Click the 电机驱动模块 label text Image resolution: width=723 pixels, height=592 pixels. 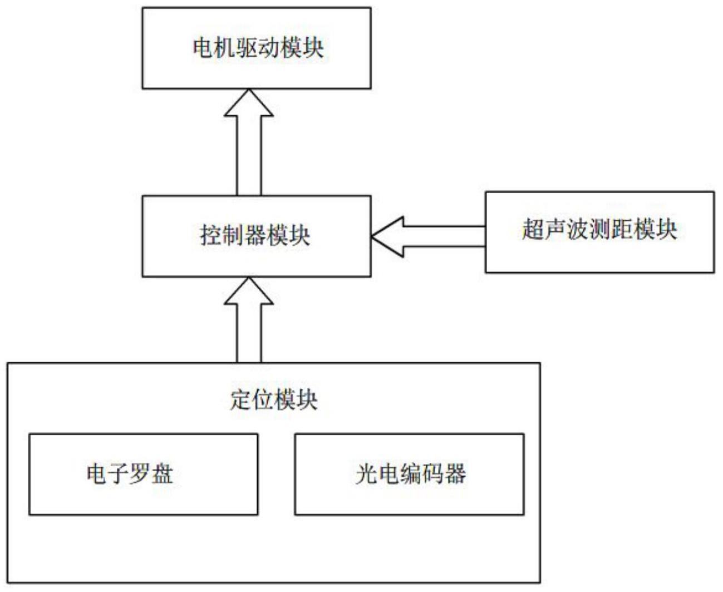(258, 48)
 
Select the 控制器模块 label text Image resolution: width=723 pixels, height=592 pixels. (255, 236)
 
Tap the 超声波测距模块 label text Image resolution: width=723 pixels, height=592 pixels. (599, 230)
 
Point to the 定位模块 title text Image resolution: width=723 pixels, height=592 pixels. (274, 399)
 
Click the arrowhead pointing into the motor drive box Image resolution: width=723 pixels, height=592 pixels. (249, 102)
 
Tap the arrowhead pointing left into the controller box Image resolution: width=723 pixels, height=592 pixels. (387, 237)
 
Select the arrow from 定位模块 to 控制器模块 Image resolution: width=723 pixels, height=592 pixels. (249, 319)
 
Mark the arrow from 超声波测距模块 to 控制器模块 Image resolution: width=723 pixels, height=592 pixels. (428, 237)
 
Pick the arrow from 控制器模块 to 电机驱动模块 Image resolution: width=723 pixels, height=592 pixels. (249, 142)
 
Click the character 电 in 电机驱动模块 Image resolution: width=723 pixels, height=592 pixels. (203, 48)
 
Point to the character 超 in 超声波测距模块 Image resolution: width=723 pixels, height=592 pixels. (533, 230)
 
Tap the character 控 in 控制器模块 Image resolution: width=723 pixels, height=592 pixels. (210, 236)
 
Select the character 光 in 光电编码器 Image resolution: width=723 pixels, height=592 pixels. (366, 475)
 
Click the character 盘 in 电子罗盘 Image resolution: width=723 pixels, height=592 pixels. (162, 475)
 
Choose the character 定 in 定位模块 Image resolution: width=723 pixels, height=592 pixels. (240, 399)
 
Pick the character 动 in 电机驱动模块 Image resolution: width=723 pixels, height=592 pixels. (269, 48)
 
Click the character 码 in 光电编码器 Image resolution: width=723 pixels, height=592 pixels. (432, 475)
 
